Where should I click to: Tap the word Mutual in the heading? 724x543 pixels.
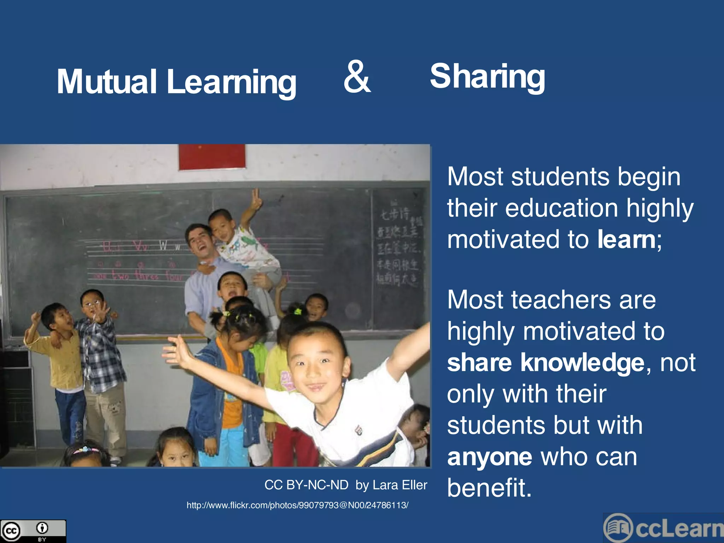pos(106,82)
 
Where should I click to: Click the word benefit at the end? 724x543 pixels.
pos(489,488)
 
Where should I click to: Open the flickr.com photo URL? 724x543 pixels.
pos(297,505)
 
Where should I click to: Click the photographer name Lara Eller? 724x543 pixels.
pos(400,485)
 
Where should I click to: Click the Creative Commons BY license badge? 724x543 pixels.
pos(33,531)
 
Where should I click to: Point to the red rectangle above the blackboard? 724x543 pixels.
pos(212,157)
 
